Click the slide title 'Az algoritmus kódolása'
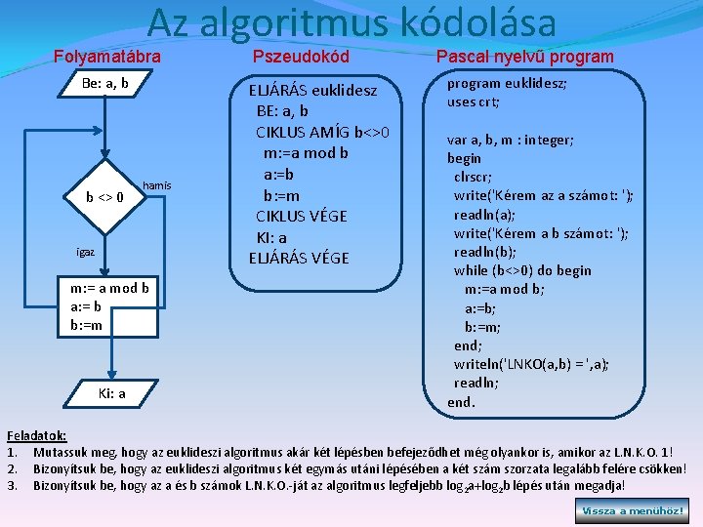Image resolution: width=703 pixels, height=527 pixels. coord(352,22)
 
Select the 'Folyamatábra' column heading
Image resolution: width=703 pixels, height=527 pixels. coord(106,57)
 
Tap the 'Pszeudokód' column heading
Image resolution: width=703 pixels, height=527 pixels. coord(301,57)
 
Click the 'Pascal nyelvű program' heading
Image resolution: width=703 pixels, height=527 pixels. coord(525,57)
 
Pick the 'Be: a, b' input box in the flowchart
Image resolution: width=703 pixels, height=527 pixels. coord(105,84)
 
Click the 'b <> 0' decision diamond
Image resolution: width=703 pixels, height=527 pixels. coord(104,197)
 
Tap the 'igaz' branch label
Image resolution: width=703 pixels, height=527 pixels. coord(86,252)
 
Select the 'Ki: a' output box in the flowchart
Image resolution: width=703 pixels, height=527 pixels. coord(112,393)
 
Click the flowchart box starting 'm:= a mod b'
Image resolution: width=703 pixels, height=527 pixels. coord(109,305)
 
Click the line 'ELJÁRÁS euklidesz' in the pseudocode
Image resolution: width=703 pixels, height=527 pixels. coord(311,91)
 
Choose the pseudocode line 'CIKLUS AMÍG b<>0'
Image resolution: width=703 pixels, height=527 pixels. coord(322,132)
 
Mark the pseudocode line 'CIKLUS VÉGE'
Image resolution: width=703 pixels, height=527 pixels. coord(301,216)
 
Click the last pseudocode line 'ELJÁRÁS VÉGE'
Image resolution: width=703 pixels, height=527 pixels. coord(298,258)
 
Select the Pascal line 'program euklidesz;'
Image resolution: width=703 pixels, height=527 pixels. coord(506,84)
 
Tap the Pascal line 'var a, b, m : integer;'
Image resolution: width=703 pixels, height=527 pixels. coord(511,140)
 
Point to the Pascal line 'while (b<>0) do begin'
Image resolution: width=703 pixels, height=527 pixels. coord(521,270)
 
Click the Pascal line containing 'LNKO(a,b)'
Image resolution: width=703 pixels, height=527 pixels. coord(531,364)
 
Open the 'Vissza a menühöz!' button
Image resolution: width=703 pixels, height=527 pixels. coord(634,509)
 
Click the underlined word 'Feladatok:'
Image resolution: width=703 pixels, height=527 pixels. coord(36,436)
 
